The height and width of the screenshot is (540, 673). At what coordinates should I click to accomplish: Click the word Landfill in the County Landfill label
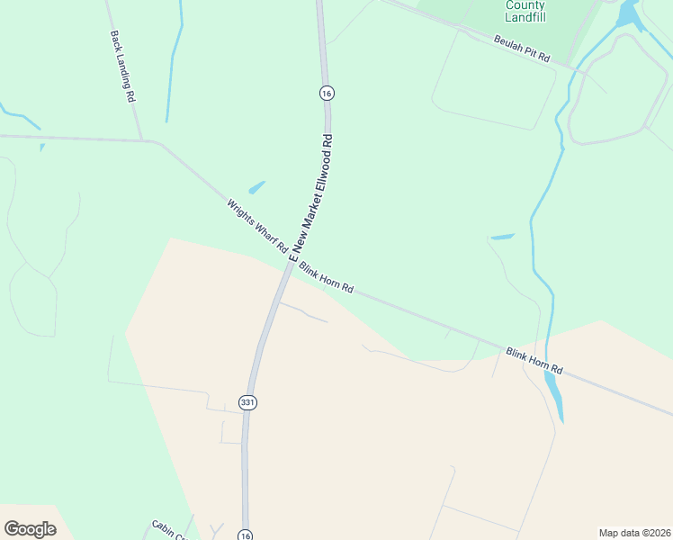pos(525,17)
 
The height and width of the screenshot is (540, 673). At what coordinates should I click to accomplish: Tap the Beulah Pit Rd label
pos(522,48)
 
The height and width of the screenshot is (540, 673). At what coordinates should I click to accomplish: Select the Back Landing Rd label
pos(122,66)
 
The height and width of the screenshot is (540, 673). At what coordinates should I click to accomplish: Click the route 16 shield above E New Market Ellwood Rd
pos(327,93)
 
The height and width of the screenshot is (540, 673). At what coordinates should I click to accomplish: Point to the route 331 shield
pos(248,402)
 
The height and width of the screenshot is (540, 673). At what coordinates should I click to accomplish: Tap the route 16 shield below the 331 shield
pos(245,535)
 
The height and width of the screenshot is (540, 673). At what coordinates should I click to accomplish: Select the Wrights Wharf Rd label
pos(256,225)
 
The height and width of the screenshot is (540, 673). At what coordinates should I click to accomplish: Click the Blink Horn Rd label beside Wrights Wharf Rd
pos(326,278)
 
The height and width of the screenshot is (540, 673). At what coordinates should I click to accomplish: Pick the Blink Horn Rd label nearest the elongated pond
pos(534,361)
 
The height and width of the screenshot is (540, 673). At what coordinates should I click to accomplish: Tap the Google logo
pos(30,529)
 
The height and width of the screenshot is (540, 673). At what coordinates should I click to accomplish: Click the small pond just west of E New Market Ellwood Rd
pos(257,187)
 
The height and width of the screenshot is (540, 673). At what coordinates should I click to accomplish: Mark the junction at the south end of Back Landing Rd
pos(142,140)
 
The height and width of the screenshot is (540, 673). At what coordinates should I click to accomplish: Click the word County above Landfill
pos(525,4)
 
